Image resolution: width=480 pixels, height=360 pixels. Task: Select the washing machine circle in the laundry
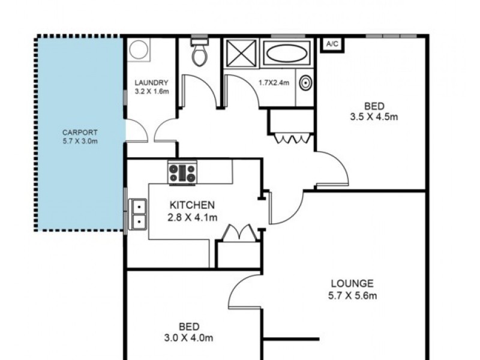coord(139,50)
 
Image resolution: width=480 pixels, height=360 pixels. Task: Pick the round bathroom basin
coord(305,83)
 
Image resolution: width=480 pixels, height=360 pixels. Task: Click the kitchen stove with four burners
coord(182,173)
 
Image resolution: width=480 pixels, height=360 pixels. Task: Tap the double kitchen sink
coord(139,214)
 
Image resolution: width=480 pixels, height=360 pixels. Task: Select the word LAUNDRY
coord(151,83)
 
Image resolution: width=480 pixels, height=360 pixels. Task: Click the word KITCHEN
coord(191,205)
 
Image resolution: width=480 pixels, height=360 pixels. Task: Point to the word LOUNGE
coord(352,284)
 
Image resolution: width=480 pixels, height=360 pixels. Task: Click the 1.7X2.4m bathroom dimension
coord(274,83)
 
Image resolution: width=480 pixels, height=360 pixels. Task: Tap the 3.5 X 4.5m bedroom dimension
coord(374,117)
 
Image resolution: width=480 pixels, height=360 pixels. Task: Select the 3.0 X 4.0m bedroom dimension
coord(188,338)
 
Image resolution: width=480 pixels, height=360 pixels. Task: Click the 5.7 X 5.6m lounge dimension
coord(352,295)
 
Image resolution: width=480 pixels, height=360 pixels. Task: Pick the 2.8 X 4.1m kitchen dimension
coord(192,217)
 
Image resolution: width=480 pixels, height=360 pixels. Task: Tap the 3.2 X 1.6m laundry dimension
coord(151,92)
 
